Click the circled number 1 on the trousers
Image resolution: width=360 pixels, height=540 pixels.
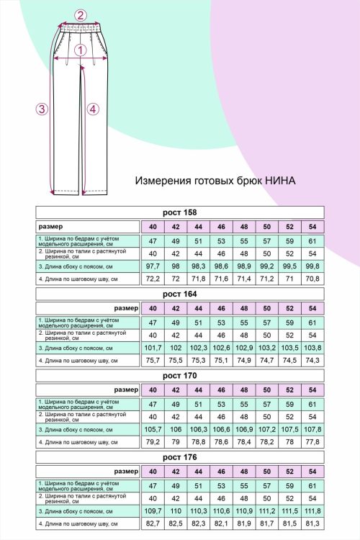[81, 50]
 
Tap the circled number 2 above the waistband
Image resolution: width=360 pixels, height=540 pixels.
[81, 14]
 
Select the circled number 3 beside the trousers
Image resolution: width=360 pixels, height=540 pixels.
[42, 109]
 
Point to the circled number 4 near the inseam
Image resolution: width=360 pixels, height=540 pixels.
[92, 109]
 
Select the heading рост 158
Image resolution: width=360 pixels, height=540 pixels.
[181, 212]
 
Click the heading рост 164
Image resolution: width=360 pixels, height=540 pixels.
[181, 294]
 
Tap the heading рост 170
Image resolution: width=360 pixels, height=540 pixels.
[181, 376]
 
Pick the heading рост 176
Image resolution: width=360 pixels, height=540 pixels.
[181, 457]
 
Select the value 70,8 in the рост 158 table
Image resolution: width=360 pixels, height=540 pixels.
[312, 278]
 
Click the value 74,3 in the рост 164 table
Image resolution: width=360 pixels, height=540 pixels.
[312, 360]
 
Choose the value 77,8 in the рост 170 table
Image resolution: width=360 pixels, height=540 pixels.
[312, 441]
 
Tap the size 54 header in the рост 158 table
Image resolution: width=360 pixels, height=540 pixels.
[312, 228]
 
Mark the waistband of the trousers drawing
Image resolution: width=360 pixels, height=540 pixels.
[81, 27]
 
